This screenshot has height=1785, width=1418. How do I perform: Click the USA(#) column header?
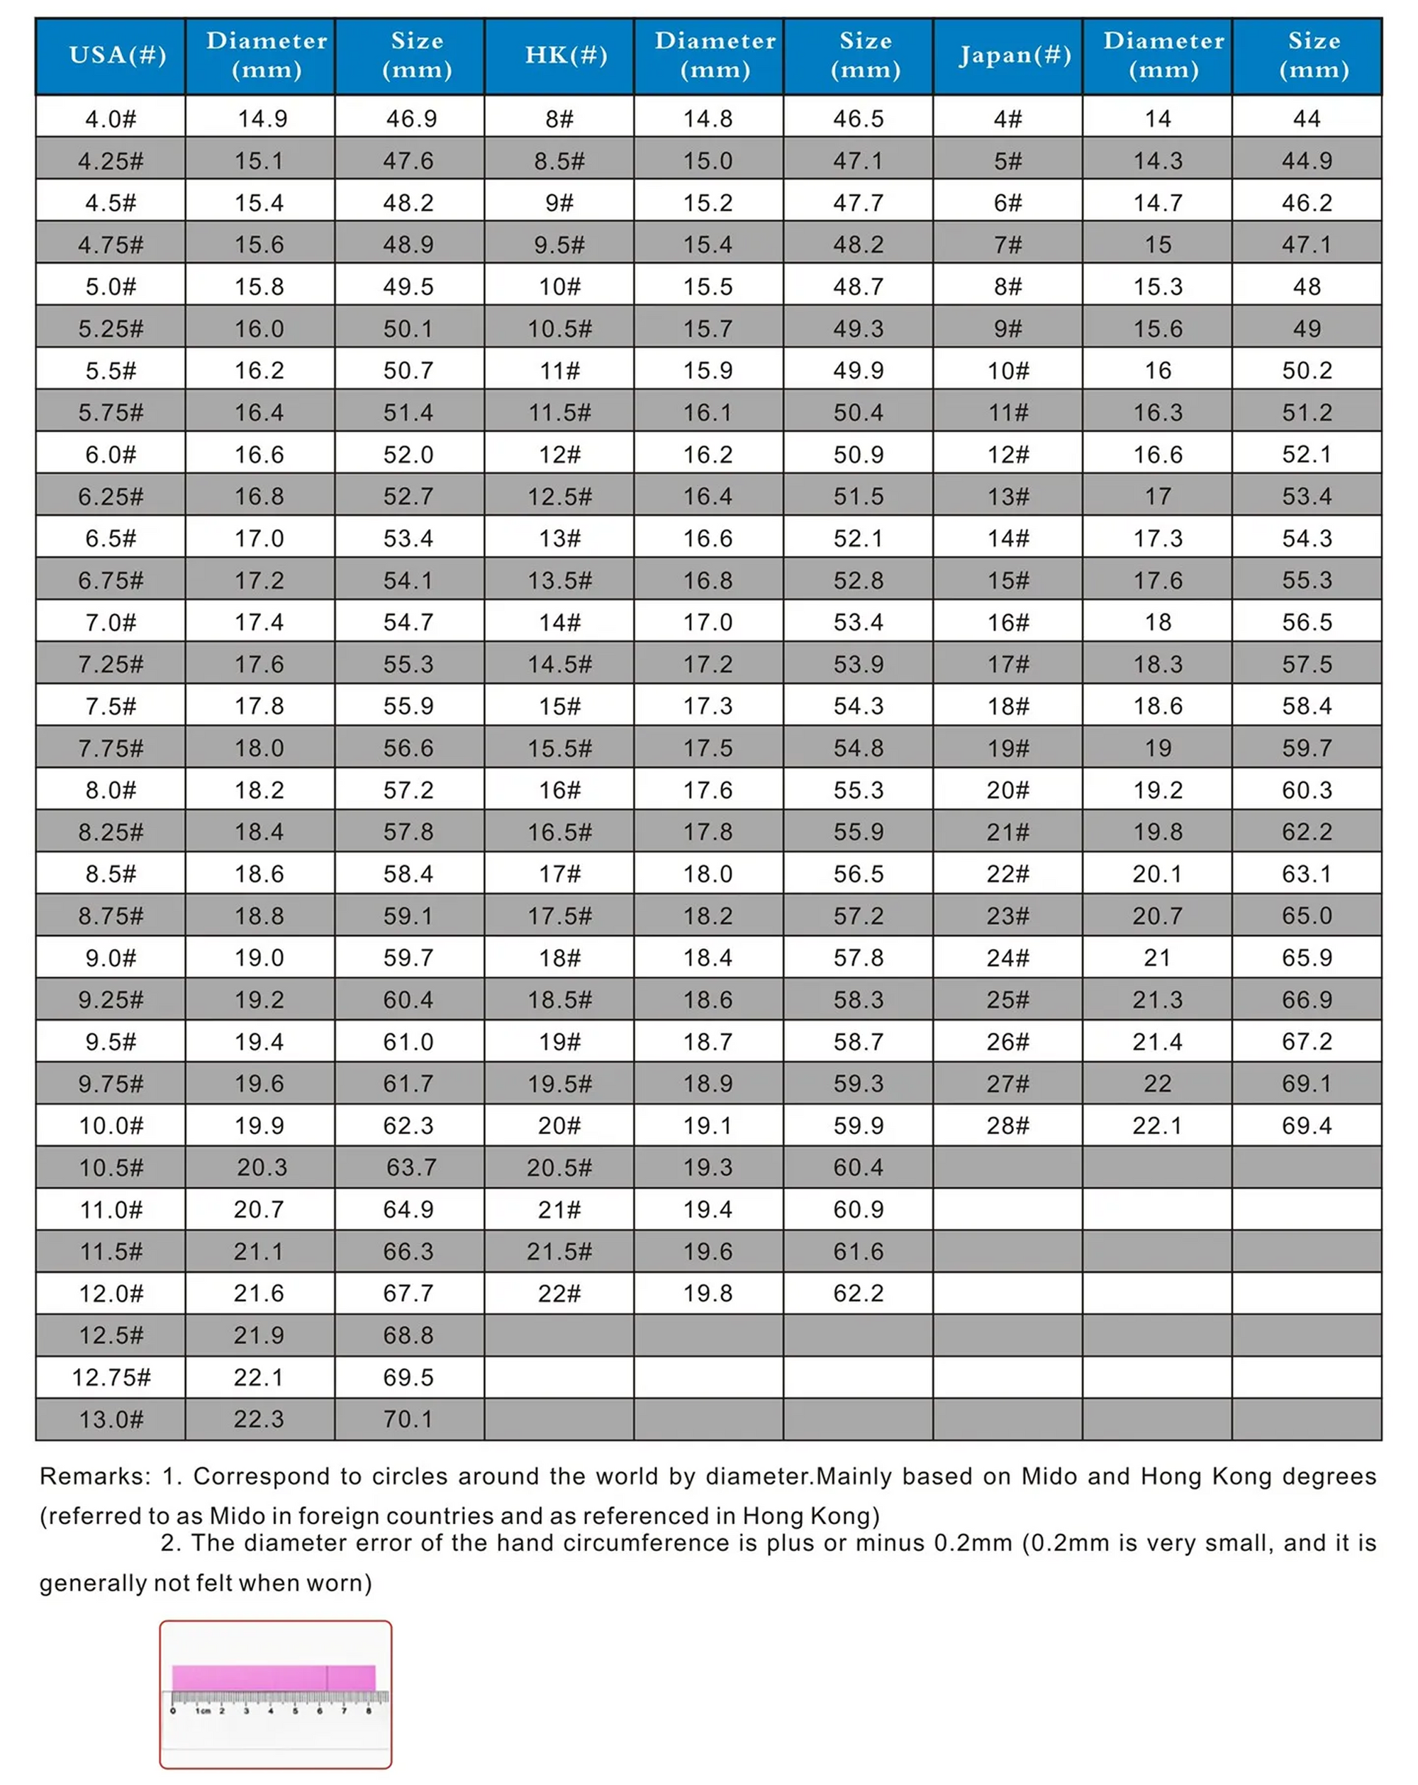pos(118,55)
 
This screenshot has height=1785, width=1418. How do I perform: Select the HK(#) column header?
pos(566,55)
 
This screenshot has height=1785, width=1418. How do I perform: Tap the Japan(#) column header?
pos(1015,55)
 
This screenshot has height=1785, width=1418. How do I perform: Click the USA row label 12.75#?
pos(111,1377)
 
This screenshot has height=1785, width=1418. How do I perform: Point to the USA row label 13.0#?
pos(111,1419)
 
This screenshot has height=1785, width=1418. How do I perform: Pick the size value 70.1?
pos(408,1419)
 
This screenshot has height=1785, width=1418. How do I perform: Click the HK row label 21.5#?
pos(559,1251)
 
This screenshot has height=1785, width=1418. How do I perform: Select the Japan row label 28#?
pos(1007,1125)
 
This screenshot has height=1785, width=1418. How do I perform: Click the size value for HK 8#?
pos(859,119)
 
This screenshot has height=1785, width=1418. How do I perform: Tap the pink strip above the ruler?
pos(273,1678)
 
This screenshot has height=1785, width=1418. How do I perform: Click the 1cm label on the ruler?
pos(202,1711)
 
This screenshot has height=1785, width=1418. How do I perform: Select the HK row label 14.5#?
pos(559,664)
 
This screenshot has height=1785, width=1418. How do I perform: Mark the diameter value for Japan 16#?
pos(1157,623)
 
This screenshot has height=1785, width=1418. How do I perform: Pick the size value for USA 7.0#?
pos(408,623)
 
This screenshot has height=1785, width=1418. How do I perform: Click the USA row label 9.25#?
pos(111,999)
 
